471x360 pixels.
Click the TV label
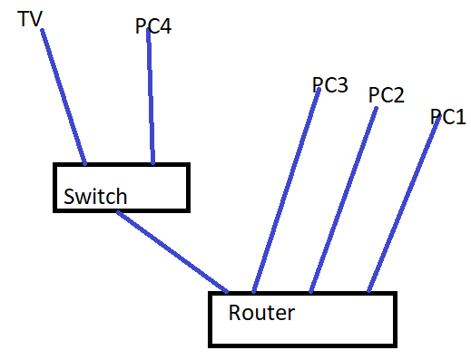click(31, 17)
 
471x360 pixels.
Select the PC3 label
click(330, 84)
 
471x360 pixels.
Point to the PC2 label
click(386, 94)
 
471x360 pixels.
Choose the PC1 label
click(447, 117)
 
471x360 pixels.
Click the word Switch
click(94, 197)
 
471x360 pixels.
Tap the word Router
click(261, 314)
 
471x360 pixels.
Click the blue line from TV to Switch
click(64, 95)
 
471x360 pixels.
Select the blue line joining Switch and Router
click(172, 251)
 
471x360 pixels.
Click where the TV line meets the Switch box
click(85, 164)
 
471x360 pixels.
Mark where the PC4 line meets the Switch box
click(152, 164)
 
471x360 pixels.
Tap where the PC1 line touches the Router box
click(368, 292)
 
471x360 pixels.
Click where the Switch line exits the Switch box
click(118, 212)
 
